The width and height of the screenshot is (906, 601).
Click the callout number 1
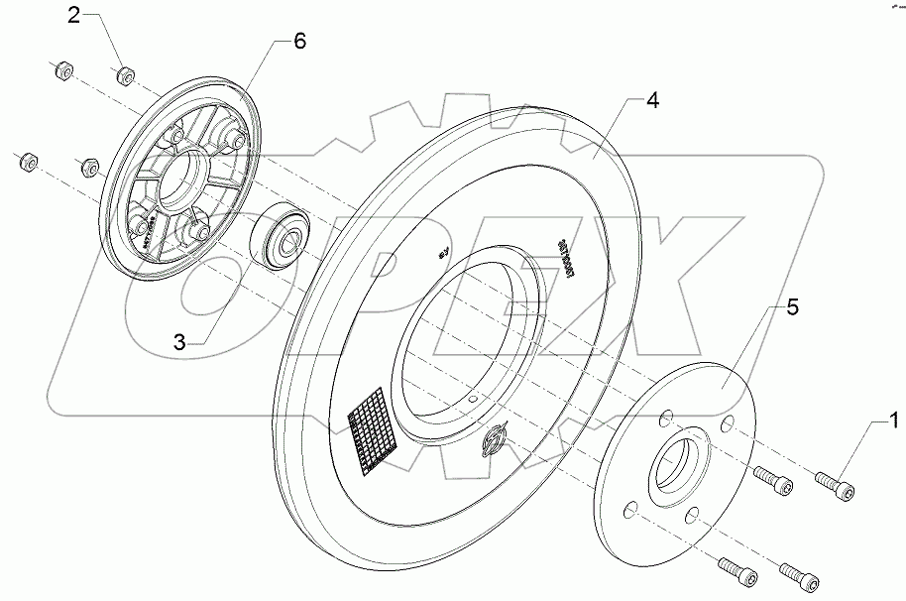(893, 421)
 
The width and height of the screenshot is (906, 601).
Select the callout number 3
(178, 343)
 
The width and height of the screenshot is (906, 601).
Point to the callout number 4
(652, 101)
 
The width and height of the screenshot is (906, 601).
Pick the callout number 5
(792, 308)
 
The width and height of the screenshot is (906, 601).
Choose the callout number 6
(299, 41)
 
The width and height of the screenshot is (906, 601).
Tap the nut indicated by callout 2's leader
(126, 75)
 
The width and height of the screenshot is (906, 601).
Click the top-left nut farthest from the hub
(59, 71)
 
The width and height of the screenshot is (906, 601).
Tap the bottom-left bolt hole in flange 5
(626, 510)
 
